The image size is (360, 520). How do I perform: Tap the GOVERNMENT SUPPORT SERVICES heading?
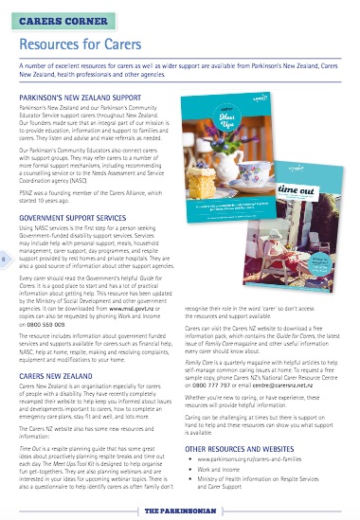(x=74, y=218)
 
